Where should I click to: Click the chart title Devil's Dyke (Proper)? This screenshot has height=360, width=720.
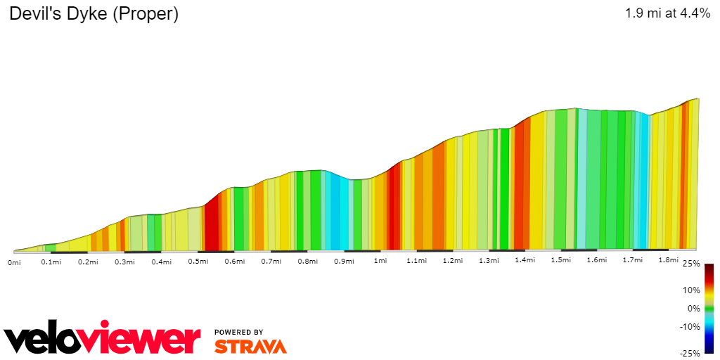click(94, 14)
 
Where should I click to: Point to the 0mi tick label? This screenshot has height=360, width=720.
click(14, 262)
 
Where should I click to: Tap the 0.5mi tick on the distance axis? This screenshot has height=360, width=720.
click(198, 262)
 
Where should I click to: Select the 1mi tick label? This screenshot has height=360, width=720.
click(380, 261)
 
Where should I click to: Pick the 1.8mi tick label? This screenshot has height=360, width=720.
click(669, 259)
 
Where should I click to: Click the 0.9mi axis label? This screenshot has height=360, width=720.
click(343, 262)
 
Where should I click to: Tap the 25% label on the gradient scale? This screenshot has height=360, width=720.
click(690, 264)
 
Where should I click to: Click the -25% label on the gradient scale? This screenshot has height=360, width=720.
click(689, 353)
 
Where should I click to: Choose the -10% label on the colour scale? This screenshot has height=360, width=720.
click(689, 326)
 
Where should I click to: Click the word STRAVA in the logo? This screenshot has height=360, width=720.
click(250, 346)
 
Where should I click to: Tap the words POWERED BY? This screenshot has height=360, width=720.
click(239, 332)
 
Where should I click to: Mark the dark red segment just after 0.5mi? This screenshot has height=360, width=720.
click(211, 229)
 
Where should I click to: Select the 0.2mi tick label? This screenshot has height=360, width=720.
click(88, 262)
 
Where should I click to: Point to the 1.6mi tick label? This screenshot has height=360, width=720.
click(596, 260)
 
